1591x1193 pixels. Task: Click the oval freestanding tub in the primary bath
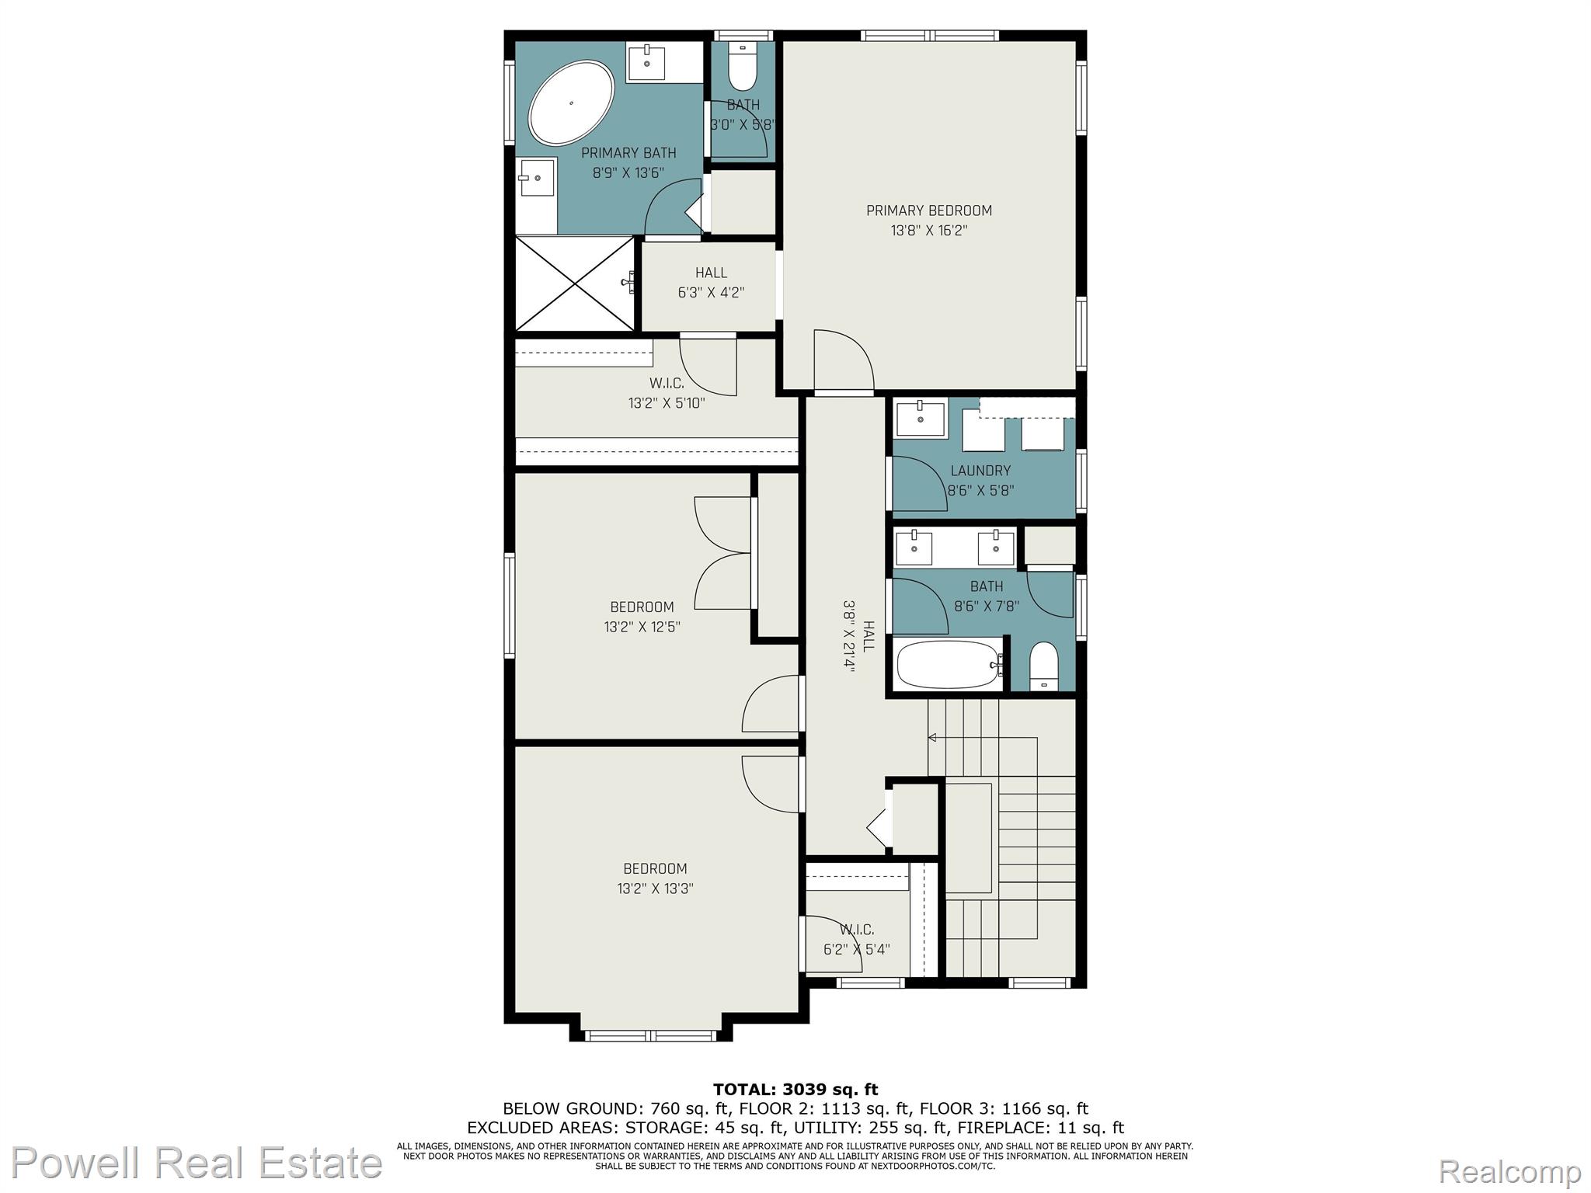click(571, 103)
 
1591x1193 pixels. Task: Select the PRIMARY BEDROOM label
click(929, 210)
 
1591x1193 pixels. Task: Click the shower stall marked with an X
click(575, 283)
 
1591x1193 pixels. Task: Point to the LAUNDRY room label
click(980, 471)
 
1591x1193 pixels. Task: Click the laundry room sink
click(921, 419)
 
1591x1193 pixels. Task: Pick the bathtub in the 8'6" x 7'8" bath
click(949, 665)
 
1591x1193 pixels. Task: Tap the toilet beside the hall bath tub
click(1043, 666)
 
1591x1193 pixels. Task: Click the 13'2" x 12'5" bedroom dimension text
click(642, 627)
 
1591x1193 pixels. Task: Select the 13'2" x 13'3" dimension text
click(655, 889)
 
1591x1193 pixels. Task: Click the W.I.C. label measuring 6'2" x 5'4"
click(856, 930)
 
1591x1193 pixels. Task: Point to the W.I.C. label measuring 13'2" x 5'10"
click(667, 383)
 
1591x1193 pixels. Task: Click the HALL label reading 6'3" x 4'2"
click(711, 273)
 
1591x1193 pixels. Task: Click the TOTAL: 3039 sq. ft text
click(795, 1089)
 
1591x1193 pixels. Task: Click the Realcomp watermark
click(1510, 1170)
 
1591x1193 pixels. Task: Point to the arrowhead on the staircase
click(932, 737)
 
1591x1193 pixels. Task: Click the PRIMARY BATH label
click(628, 153)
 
